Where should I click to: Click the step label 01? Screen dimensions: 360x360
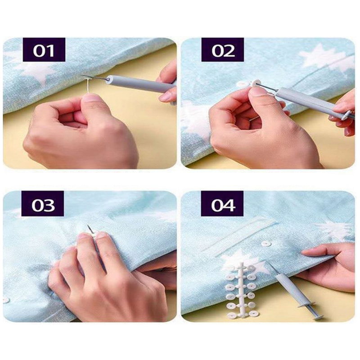click(44, 50)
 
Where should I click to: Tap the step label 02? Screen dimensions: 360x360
click(222, 50)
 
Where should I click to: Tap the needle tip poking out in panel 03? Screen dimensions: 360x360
click(89, 227)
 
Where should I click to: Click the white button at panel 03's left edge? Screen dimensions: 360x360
click(5, 300)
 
